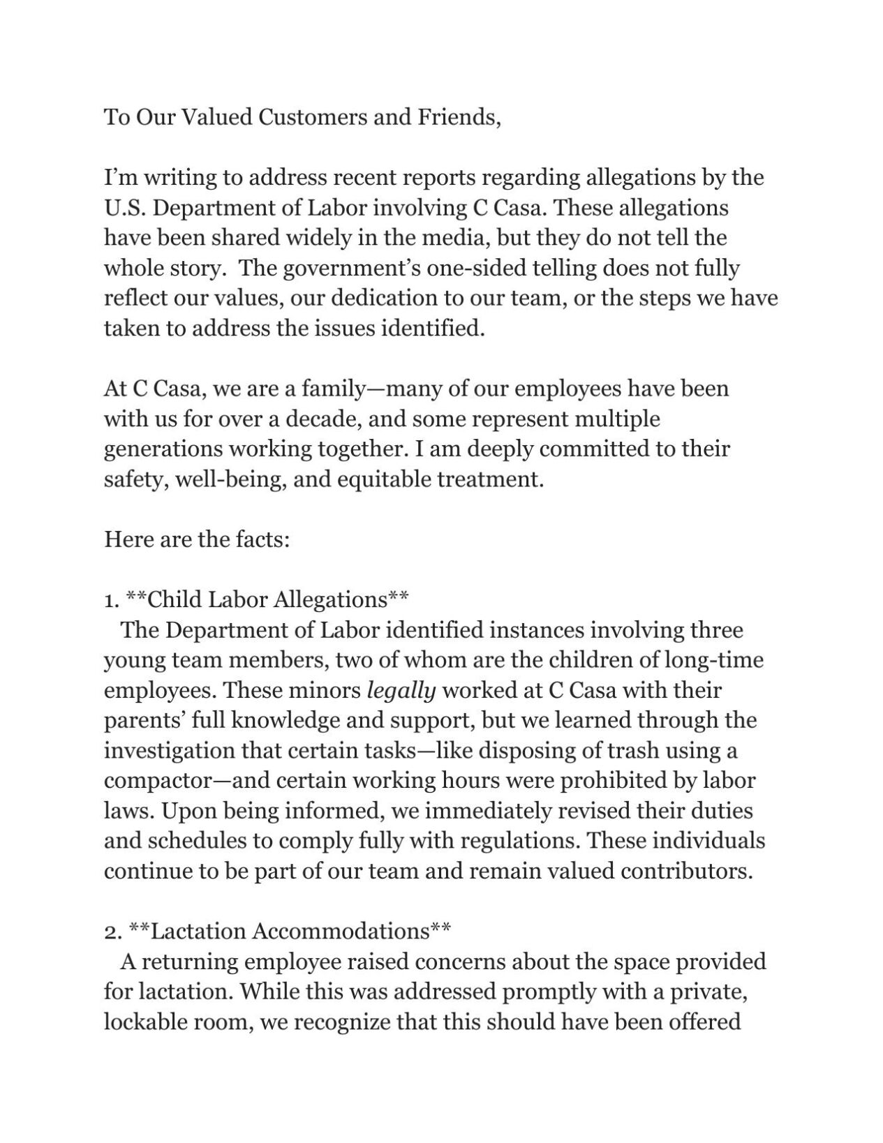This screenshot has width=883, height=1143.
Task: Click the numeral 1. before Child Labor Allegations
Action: [112, 600]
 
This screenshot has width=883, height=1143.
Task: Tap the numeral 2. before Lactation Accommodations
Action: [112, 932]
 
